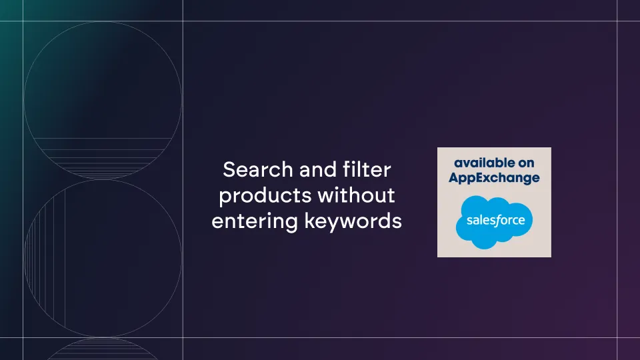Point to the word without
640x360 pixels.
coord(356,195)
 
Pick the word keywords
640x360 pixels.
coord(353,221)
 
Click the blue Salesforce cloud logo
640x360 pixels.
coord(494,222)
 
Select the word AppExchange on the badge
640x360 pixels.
coord(494,179)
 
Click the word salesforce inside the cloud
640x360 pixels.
coord(495,221)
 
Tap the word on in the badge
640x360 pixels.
coord(526,164)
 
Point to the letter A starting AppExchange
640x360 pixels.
coord(454,177)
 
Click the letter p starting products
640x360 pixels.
coord(224,197)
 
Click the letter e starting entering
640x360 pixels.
coord(217,223)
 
